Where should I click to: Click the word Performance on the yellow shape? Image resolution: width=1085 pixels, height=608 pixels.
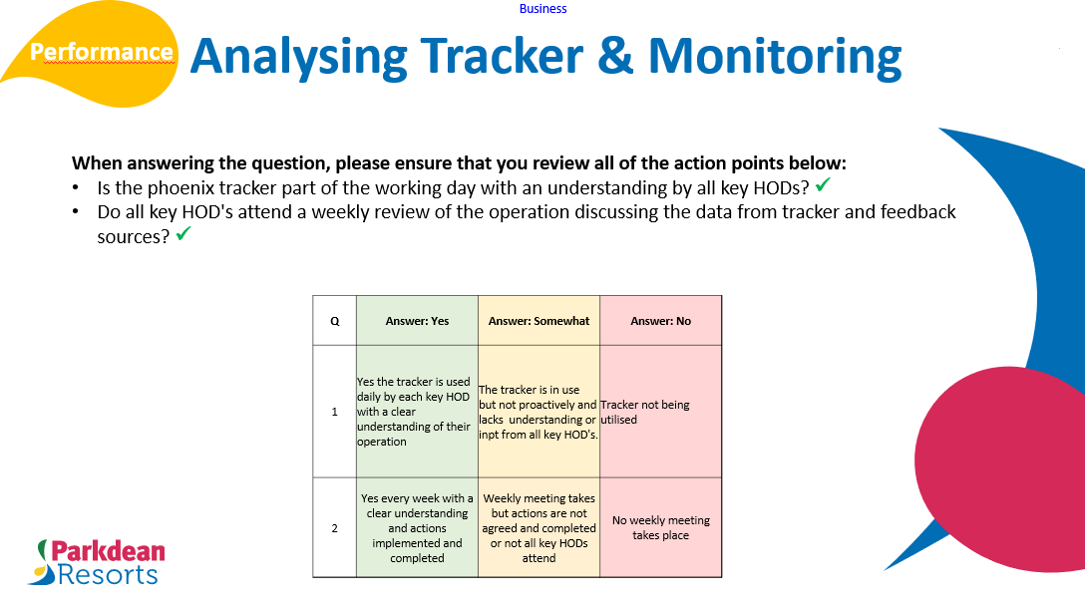coord(102,52)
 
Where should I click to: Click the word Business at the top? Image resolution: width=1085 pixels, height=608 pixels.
coord(542,9)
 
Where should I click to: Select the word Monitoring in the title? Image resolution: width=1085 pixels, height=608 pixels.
coord(774,56)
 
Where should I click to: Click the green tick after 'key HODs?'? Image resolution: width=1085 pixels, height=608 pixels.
coord(823,185)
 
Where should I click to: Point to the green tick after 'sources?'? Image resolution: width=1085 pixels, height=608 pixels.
coord(182,235)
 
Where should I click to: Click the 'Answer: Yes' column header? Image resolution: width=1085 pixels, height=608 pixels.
coord(417,321)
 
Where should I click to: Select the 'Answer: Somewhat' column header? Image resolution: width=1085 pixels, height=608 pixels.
coord(539,321)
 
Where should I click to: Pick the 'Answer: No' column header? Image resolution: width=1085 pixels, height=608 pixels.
coord(660,321)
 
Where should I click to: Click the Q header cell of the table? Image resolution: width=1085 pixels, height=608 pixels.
coord(334,321)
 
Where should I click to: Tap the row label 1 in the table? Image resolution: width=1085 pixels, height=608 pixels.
coord(334,412)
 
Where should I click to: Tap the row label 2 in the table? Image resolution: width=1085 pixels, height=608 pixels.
coord(334,528)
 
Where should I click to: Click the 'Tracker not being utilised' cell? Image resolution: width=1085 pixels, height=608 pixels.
coord(660,412)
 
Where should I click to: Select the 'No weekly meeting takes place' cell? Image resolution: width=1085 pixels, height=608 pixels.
coord(660,527)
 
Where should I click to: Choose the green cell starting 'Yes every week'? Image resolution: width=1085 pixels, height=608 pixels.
coord(417,528)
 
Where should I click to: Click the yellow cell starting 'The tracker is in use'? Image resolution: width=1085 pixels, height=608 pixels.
coord(539,412)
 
